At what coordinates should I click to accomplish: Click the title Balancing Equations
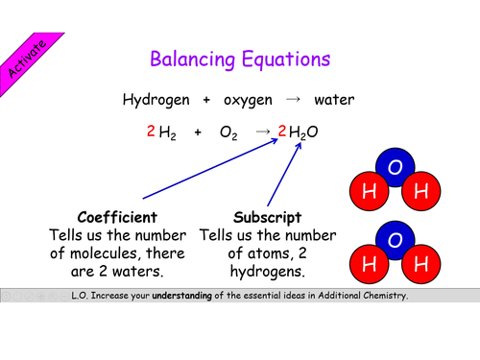241,59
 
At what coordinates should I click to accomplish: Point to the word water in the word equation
335,99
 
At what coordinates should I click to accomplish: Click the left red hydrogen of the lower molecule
370,259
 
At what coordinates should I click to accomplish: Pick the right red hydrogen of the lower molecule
420,259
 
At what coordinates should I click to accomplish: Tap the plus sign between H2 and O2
198,132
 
